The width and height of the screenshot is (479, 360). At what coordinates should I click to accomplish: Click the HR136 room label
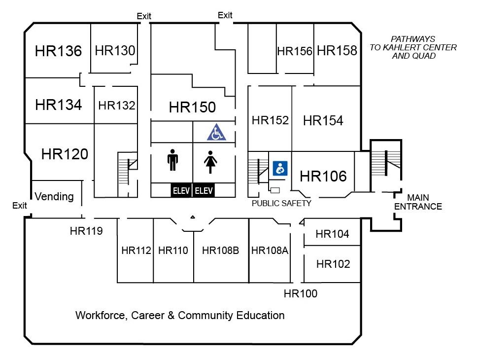[x=58, y=51]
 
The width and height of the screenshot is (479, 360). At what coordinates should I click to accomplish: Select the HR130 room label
[x=115, y=50]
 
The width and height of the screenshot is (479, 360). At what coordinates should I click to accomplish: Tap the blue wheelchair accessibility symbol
[x=215, y=133]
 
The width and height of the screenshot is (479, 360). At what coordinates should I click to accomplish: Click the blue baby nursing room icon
[x=280, y=168]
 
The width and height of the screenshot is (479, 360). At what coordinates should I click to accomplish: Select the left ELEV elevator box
[x=181, y=190]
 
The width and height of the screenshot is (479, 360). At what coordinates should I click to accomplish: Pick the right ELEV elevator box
[x=204, y=190]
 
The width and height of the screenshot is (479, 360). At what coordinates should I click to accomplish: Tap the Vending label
[x=54, y=197]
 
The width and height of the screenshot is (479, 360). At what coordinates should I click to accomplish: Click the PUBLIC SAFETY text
[x=281, y=203]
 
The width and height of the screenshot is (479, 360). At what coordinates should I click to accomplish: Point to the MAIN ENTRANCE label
[x=424, y=202]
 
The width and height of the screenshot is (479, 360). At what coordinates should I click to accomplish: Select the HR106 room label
[x=323, y=176]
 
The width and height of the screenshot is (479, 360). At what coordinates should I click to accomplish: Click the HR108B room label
[x=220, y=251]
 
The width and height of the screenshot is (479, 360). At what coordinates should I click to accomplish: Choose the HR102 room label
[x=333, y=264]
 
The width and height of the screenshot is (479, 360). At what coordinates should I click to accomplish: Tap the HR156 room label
[x=295, y=51]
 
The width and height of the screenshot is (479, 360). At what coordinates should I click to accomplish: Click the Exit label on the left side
[x=20, y=206]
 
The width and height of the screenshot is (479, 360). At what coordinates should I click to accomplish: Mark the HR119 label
[x=86, y=230]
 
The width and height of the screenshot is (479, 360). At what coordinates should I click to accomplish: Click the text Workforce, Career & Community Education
[x=180, y=315]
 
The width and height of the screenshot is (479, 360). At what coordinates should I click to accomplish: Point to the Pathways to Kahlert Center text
[x=413, y=47]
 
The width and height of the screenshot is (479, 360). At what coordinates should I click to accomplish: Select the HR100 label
[x=301, y=294]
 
